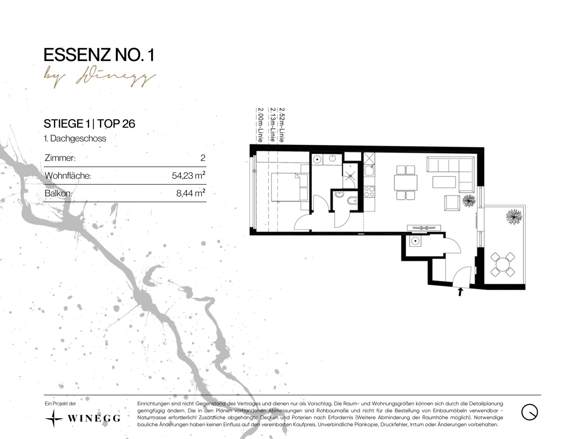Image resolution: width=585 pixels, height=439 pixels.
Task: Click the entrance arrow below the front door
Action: (460, 291)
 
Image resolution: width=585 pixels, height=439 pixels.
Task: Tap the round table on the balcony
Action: (503, 264)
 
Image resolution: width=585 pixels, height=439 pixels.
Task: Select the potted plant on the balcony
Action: (514, 217)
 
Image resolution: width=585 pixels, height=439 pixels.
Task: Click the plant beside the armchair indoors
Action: (469, 201)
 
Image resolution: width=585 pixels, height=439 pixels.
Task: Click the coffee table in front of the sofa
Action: (444, 182)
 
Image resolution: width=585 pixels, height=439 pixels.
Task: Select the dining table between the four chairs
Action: (405, 183)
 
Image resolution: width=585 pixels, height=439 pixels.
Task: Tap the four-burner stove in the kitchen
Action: (369, 191)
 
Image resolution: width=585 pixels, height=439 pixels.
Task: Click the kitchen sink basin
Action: (369, 170)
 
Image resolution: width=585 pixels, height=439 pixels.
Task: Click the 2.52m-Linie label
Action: (282, 125)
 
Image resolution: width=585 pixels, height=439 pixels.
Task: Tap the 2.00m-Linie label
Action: (260, 125)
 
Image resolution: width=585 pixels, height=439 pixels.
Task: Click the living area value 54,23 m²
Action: (188, 175)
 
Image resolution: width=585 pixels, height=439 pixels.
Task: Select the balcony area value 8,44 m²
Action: (191, 193)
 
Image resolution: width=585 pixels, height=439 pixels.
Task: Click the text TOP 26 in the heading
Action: (116, 124)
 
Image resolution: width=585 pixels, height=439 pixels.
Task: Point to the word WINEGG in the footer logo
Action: (94, 418)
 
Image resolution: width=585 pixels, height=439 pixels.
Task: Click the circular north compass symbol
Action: (530, 412)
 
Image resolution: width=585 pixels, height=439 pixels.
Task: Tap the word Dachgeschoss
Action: (78, 138)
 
